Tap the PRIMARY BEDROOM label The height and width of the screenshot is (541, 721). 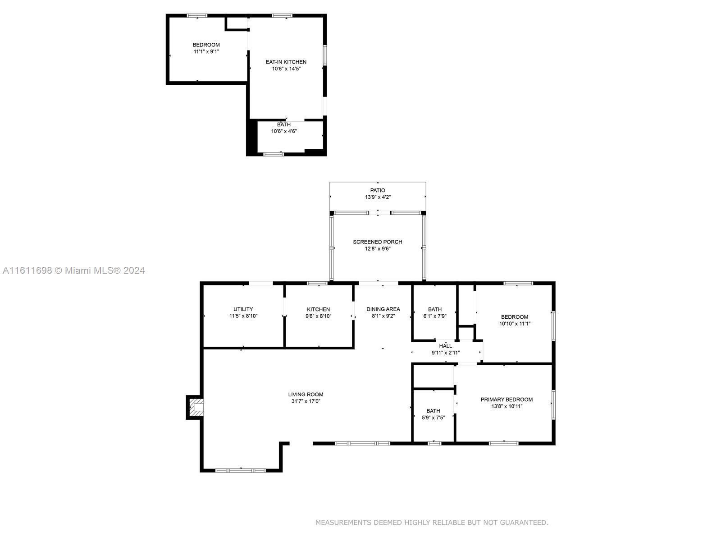[507, 399]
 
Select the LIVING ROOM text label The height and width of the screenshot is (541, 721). [306, 394]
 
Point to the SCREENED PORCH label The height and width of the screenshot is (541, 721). [378, 242]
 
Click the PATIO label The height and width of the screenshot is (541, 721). [378, 190]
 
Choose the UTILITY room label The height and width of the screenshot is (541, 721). [243, 309]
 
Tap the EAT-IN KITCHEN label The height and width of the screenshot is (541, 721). [286, 62]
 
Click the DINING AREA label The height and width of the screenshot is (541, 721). [383, 309]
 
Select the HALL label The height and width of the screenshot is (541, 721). [445, 346]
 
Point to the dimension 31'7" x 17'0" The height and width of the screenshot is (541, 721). [306, 401]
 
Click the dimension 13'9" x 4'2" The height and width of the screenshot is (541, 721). [378, 197]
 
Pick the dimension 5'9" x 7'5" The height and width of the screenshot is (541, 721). [433, 417]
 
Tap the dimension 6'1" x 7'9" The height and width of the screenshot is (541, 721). [434, 316]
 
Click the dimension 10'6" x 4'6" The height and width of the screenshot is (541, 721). [284, 131]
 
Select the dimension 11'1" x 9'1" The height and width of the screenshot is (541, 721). [206, 51]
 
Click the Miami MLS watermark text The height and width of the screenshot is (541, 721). [73, 270]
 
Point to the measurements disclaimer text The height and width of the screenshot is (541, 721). [432, 522]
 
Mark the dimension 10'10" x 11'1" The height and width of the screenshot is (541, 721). [515, 324]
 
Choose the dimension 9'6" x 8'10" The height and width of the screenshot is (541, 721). [318, 316]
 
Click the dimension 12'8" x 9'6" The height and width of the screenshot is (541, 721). [378, 249]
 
